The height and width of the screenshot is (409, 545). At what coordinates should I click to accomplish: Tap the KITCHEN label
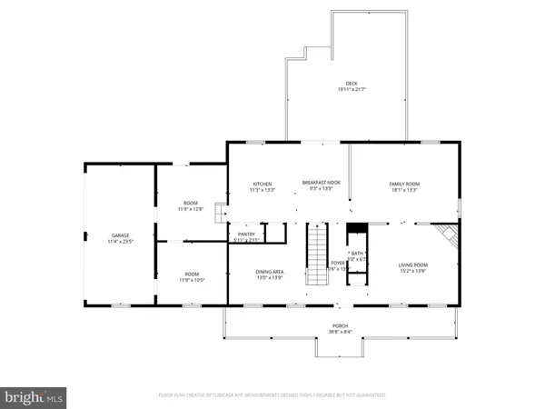click(262, 184)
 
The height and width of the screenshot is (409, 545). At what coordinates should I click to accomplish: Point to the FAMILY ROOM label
click(404, 184)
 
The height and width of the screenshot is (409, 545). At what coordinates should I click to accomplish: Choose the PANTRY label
click(246, 234)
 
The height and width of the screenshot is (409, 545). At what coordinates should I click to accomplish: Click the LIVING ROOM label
click(413, 264)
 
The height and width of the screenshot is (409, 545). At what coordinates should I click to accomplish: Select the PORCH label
click(340, 324)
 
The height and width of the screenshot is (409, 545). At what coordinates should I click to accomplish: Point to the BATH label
click(357, 254)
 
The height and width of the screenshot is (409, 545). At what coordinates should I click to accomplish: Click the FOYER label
click(338, 263)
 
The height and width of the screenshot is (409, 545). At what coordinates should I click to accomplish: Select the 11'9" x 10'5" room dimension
click(191, 280)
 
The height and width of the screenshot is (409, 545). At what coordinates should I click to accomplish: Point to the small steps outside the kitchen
click(219, 212)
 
